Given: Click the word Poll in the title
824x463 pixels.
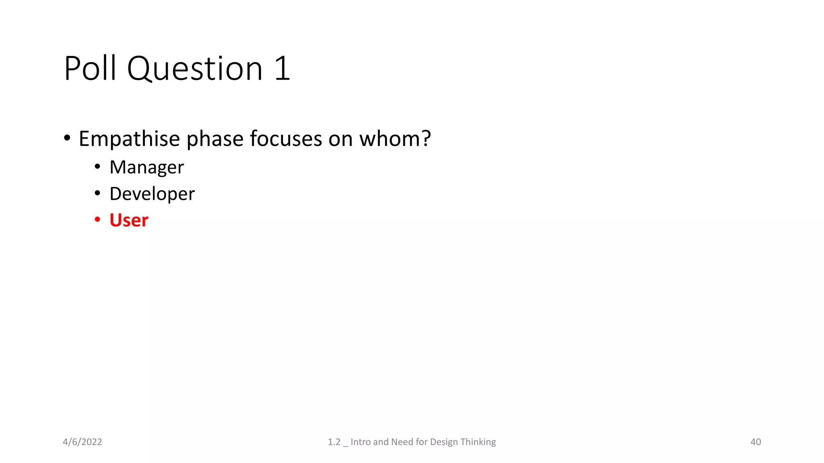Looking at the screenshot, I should tap(90, 68).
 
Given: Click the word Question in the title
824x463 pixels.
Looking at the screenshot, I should tap(195, 69).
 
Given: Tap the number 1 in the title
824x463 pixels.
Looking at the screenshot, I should tap(282, 68).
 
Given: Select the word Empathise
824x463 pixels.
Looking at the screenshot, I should tap(129, 139).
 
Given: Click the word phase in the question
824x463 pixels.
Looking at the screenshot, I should tap(215, 139).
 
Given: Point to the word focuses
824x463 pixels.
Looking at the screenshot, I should tap(286, 139).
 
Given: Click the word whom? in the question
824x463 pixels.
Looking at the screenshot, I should tap(395, 139).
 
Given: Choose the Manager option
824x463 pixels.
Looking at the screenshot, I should tap(146, 167).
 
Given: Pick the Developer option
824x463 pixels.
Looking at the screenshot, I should tap(152, 194).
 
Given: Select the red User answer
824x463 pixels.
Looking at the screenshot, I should tap(129, 220).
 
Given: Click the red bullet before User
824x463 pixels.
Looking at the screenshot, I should tap(97, 219).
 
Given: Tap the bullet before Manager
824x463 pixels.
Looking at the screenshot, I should tap(97, 166).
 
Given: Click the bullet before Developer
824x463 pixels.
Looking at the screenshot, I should tap(97, 193).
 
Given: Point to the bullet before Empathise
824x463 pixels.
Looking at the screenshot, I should tap(67, 138).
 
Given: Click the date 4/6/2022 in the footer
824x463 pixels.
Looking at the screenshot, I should tap(82, 442).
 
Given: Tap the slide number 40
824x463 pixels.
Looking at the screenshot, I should tap(756, 442).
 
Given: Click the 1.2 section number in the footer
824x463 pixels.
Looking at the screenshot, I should tap(334, 442).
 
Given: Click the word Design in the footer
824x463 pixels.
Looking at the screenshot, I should tap(444, 442).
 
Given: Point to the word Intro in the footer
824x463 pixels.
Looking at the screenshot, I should tap(360, 442).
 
